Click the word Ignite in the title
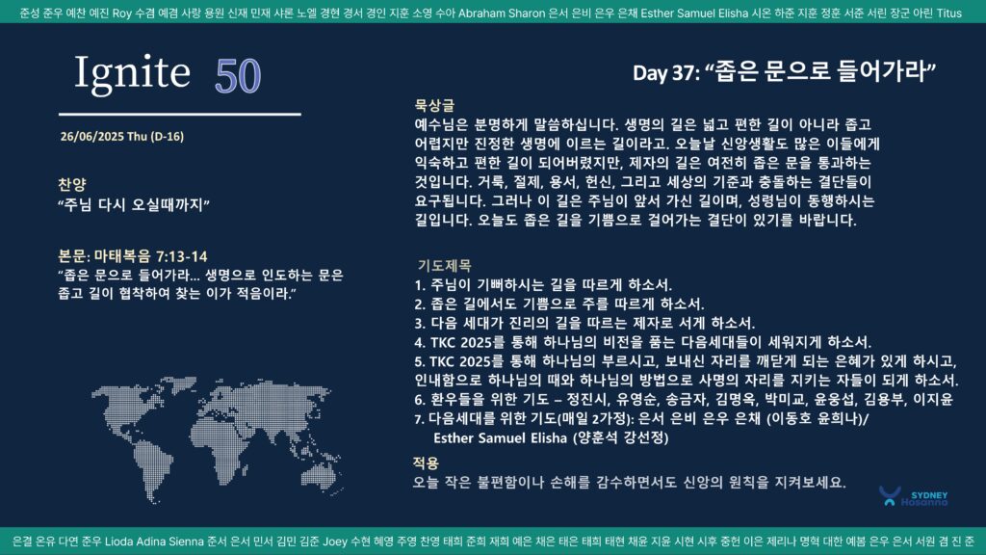pyautogui.click(x=132, y=73)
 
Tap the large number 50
pyautogui.click(x=238, y=76)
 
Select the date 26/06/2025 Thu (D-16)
pyautogui.click(x=122, y=137)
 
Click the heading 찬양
pyautogui.click(x=71, y=184)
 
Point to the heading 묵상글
pyautogui.click(x=434, y=105)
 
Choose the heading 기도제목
pyautogui.click(x=444, y=266)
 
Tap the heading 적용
pyautogui.click(x=426, y=463)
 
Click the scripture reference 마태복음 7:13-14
pyautogui.click(x=150, y=256)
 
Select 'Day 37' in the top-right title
pyautogui.click(x=665, y=73)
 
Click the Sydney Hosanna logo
pyautogui.click(x=913, y=497)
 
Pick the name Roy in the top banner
pyautogui.click(x=122, y=13)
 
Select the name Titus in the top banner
pyautogui.click(x=948, y=13)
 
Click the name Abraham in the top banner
pyautogui.click(x=482, y=13)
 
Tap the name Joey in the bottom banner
pyautogui.click(x=335, y=542)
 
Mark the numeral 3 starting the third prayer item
pyautogui.click(x=418, y=324)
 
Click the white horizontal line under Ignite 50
pyautogui.click(x=180, y=115)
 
